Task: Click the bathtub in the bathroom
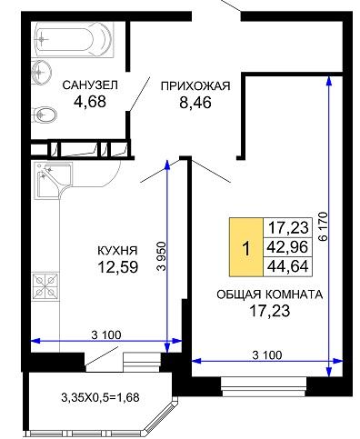[74, 39]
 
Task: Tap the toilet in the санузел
[45, 115]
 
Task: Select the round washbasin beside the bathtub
[41, 71]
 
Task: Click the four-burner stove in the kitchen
[45, 286]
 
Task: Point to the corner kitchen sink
[54, 181]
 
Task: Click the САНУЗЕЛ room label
[90, 85]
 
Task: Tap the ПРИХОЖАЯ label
[195, 86]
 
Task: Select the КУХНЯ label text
[117, 251]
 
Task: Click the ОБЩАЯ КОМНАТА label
[270, 294]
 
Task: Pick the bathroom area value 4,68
[90, 102]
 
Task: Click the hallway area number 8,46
[195, 103]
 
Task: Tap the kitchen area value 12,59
[118, 267]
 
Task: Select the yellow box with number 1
[246, 247]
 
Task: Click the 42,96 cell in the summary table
[287, 247]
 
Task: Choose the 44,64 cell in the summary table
[287, 266]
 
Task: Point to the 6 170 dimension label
[323, 226]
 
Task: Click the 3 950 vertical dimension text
[162, 256]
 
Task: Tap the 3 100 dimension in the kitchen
[106, 334]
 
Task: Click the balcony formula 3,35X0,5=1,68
[100, 397]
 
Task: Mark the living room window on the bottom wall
[264, 387]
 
